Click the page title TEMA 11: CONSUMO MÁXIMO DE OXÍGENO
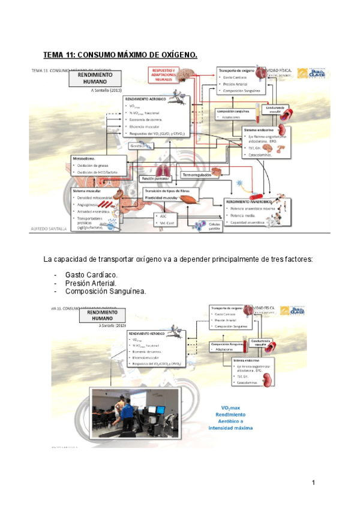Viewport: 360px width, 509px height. (x=121, y=55)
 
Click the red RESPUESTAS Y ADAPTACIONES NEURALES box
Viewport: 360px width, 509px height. (x=164, y=74)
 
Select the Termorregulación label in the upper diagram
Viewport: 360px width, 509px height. (x=193, y=175)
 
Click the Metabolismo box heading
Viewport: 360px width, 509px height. (x=85, y=158)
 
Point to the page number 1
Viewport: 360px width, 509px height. (x=313, y=483)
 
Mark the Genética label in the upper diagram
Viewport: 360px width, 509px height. (x=137, y=145)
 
